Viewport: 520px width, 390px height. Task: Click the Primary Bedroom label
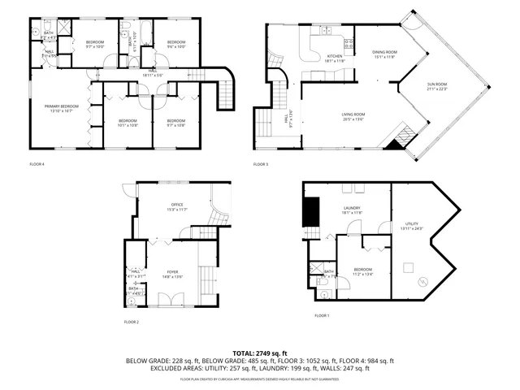61,107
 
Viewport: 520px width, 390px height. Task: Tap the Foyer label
172,274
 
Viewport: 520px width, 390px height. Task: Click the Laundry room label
352,210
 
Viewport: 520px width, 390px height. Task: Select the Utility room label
411,227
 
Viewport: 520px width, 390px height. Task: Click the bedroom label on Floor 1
362,271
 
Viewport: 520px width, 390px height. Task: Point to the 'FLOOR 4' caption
37,164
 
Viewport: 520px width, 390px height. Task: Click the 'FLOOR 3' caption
261,164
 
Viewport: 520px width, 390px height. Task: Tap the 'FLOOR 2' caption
132,323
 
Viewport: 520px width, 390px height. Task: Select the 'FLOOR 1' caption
323,315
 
